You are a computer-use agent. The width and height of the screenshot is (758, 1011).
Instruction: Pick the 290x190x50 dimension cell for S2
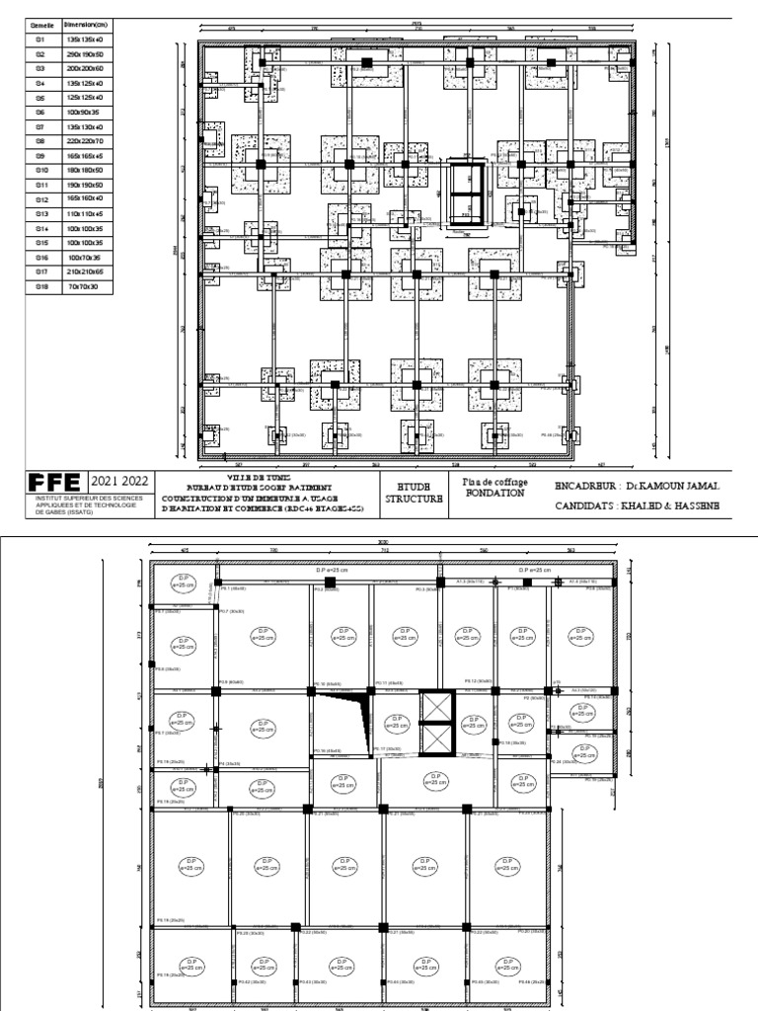[85, 53]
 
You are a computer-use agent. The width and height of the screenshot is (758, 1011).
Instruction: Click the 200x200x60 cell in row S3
[85, 68]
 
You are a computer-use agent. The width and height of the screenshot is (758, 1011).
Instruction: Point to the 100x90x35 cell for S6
[85, 114]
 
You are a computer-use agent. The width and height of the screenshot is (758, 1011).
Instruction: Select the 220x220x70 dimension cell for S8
[85, 141]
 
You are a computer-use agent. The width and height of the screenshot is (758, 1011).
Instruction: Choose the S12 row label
[41, 198]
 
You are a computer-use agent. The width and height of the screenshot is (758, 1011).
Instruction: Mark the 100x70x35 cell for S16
[85, 256]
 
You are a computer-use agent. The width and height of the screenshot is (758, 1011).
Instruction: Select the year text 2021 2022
[119, 481]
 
